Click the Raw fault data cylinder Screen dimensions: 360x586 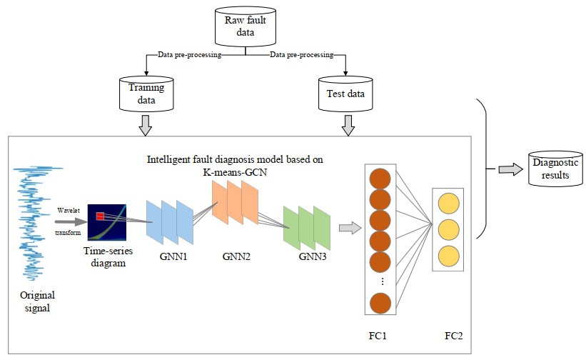click(x=246, y=27)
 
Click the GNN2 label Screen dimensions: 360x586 click(x=236, y=254)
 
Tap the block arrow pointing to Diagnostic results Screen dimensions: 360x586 click(x=508, y=169)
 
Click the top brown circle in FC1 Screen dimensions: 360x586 click(x=378, y=178)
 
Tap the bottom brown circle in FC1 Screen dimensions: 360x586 click(x=378, y=304)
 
